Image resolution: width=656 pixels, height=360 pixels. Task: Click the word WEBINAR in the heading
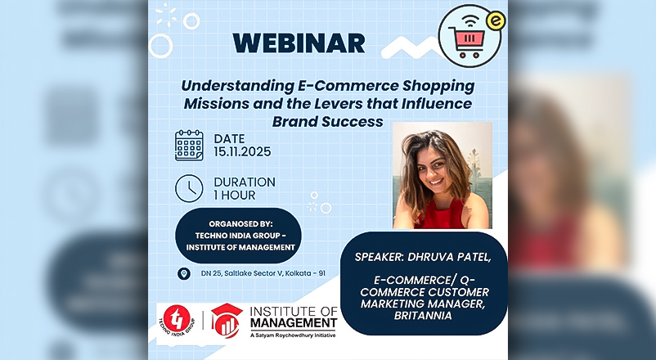click(299, 43)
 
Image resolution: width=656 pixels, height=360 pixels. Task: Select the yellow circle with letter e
click(496, 21)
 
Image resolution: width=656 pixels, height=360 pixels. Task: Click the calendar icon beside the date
click(189, 146)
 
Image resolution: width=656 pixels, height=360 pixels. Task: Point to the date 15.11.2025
click(242, 151)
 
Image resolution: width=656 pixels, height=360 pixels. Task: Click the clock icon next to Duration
click(189, 188)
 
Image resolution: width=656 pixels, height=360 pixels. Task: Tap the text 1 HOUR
click(234, 196)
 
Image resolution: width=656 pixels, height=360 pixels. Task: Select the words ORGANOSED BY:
click(240, 224)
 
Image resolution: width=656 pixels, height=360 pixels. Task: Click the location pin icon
click(184, 274)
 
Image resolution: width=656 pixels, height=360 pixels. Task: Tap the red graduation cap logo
click(227, 320)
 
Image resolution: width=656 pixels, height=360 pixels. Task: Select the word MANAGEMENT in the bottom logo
click(294, 322)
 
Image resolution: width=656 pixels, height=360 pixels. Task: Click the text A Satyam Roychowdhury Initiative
click(293, 335)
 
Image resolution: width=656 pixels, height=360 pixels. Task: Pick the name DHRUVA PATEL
click(449, 257)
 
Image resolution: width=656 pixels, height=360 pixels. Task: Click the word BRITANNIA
click(423, 315)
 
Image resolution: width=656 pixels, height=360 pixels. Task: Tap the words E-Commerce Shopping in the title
click(386, 86)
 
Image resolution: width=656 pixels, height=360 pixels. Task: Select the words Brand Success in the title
click(327, 121)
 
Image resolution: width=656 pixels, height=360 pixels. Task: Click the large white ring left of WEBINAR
click(160, 46)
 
